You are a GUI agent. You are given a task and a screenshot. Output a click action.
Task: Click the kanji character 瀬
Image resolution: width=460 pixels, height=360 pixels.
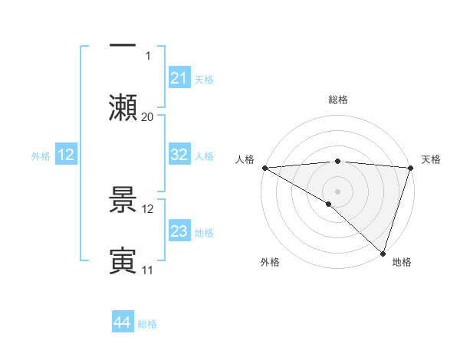point(123,106)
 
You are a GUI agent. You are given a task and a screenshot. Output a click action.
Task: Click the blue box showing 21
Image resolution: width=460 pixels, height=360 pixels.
point(179,78)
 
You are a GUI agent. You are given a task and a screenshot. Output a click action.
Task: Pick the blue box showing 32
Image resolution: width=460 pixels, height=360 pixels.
point(179,155)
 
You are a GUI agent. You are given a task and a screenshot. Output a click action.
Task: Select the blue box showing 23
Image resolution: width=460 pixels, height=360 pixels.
point(179,232)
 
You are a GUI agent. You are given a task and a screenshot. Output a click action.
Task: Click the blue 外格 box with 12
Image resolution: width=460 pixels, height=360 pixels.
point(66,155)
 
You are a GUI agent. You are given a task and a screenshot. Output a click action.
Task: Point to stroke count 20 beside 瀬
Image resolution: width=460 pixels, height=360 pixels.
point(148,116)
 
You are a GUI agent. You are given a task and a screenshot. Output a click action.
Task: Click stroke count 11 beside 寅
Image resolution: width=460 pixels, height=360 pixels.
point(148,270)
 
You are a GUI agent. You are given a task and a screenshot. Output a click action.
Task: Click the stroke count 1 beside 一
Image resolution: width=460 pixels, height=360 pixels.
point(148,56)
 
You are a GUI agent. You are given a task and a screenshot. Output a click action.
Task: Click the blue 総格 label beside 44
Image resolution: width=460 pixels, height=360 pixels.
point(147,324)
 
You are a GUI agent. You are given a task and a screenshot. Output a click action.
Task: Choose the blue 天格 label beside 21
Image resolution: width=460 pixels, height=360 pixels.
point(204,80)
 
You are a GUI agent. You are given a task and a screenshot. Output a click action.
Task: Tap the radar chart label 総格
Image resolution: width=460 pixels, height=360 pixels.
point(338,100)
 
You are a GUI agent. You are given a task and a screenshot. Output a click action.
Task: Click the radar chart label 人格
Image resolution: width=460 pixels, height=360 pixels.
point(245,159)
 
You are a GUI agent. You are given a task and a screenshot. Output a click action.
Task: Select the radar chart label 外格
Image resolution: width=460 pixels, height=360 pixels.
point(269,262)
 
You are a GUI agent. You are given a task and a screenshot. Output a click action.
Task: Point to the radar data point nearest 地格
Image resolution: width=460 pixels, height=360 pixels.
point(383,253)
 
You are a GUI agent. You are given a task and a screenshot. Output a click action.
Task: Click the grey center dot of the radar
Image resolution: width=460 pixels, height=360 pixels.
point(337,191)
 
